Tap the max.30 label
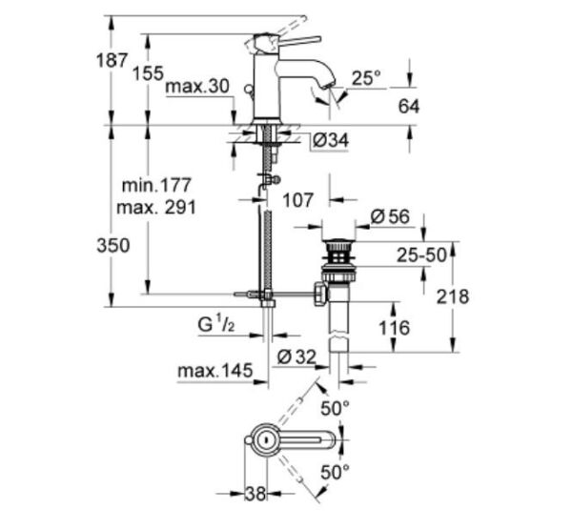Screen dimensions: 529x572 pos(198,87)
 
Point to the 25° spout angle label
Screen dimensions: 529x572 pos(367,77)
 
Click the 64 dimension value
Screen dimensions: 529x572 pos(409,106)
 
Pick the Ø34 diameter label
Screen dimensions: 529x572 pos(329,141)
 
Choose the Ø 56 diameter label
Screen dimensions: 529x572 pos(389,217)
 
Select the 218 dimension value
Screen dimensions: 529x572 pos(451,296)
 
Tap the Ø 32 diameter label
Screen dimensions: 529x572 pos(297,356)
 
